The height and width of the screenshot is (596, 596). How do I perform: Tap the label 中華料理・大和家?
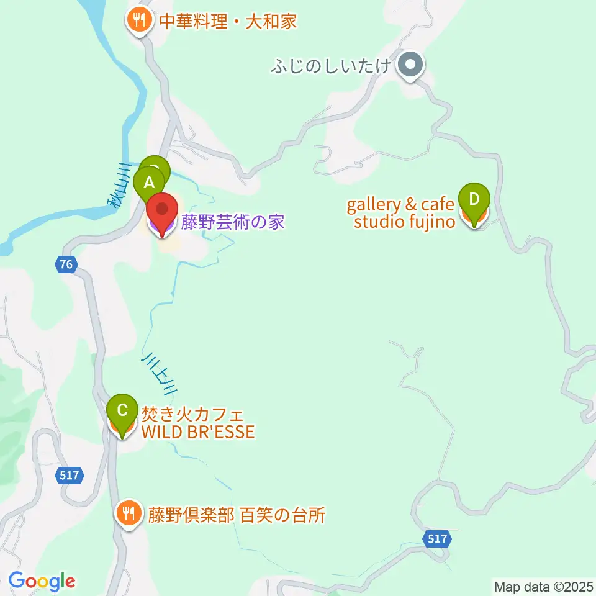[x=228, y=22]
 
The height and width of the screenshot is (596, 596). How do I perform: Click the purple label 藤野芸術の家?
[x=233, y=222]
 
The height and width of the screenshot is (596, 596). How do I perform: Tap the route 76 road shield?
[x=66, y=264]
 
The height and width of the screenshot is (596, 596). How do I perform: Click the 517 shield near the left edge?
[x=70, y=476]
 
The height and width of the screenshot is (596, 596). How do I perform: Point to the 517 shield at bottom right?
[x=438, y=539]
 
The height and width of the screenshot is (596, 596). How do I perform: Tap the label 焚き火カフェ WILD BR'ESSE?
[x=198, y=422]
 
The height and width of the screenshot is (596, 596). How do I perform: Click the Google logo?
[x=42, y=581]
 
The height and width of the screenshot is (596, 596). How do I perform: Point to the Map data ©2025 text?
[x=543, y=586]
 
